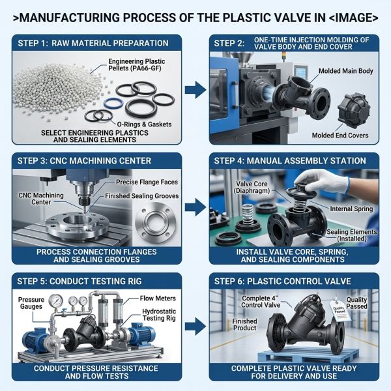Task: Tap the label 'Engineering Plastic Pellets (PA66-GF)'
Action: coord(136,65)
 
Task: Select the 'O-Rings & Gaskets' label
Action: coord(144,124)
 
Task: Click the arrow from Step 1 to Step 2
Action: coord(195,90)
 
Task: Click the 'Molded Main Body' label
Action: coord(345,71)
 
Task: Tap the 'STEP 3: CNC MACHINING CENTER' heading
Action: coord(84,161)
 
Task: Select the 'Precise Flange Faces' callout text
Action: coord(147,182)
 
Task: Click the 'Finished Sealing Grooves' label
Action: coord(141,196)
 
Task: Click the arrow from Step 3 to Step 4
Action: coord(195,207)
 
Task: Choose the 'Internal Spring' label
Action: coord(351,209)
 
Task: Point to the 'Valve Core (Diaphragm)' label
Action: coord(252,187)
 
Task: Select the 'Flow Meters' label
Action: coord(158,298)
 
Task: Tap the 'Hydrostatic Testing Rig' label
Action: coord(159,315)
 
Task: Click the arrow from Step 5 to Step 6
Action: coord(195,326)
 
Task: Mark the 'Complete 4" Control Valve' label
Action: coord(261,302)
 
